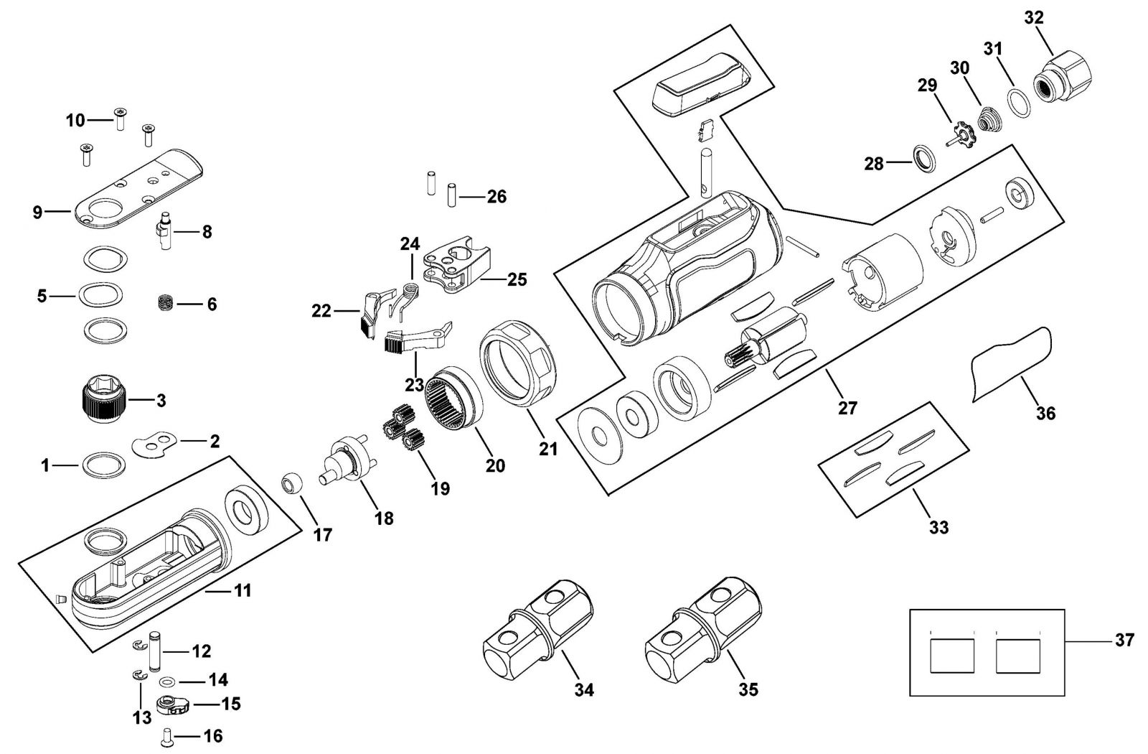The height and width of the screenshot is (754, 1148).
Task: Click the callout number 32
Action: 1034,17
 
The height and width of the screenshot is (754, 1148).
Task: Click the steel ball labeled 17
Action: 292,484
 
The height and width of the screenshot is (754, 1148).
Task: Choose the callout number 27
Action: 847,409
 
